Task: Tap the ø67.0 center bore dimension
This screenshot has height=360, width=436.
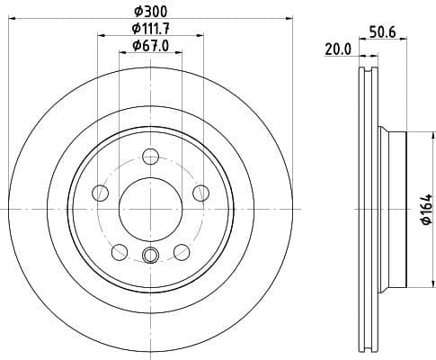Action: pos(149,45)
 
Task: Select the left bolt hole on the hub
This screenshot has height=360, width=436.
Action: pos(101,193)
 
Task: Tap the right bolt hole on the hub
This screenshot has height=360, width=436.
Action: pos(200,193)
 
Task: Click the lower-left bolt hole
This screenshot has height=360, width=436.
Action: pos(120,251)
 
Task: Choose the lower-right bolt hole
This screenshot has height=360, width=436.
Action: pos(182,251)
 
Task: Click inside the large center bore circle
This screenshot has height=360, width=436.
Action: pos(150,209)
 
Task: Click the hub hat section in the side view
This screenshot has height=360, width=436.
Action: pos(396,209)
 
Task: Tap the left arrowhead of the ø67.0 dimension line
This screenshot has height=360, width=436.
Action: pos(122,53)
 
